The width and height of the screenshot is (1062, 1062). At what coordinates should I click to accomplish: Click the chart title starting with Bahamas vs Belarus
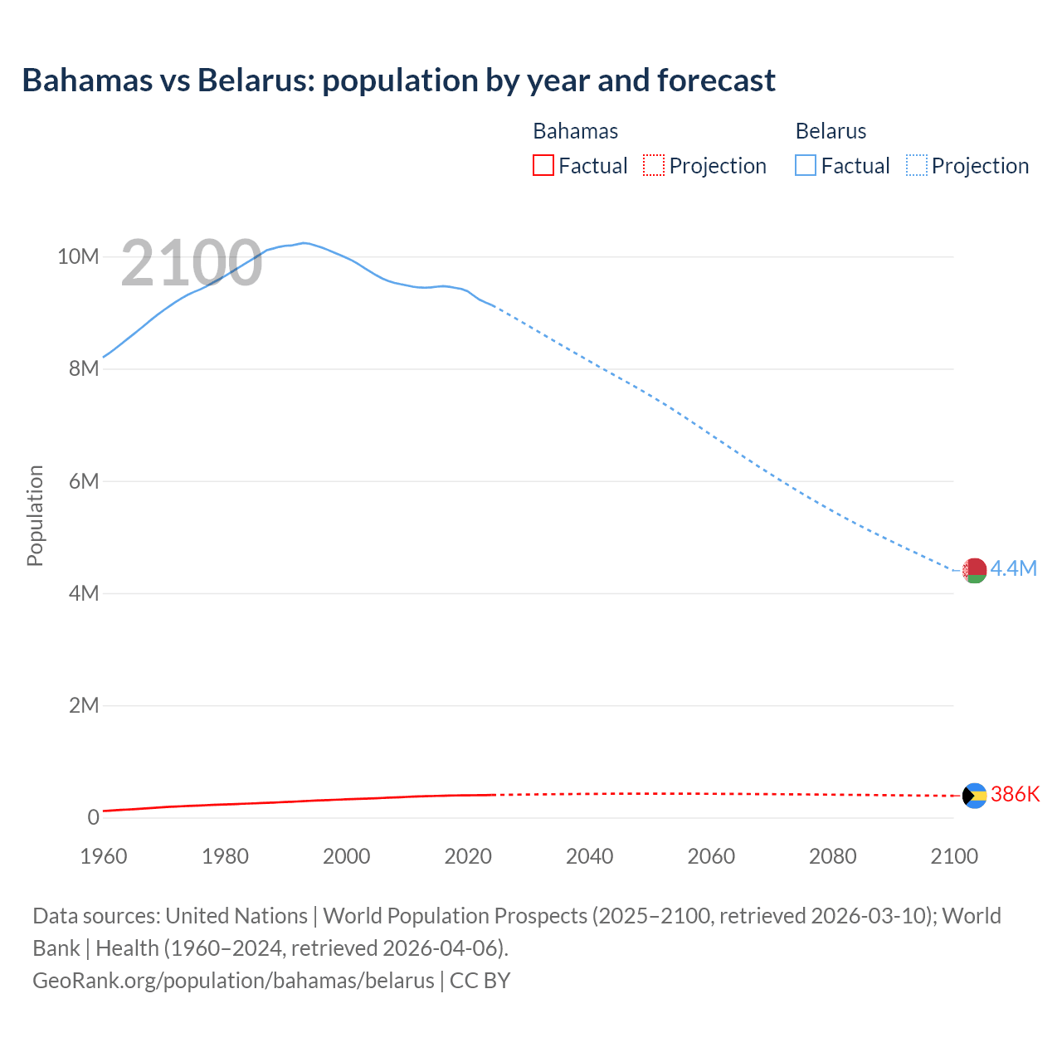[x=398, y=80]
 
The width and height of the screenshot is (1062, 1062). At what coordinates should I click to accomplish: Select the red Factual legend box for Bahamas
[x=543, y=166]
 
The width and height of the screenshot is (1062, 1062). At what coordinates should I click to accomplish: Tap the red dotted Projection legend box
[x=654, y=166]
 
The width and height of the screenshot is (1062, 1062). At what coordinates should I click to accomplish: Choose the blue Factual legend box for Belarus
[x=806, y=166]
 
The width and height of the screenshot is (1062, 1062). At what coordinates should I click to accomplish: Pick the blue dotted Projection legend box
[x=916, y=166]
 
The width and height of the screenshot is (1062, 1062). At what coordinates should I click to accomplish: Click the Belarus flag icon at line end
[x=974, y=570]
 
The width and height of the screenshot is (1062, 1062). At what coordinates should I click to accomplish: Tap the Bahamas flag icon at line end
[x=974, y=796]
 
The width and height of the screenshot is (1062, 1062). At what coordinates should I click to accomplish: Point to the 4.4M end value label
[x=1014, y=568]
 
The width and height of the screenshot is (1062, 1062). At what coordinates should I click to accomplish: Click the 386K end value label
[x=1015, y=794]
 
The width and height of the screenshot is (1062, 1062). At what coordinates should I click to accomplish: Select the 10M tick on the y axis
[x=78, y=256]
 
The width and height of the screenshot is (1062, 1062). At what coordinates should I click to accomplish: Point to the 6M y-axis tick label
[x=84, y=481]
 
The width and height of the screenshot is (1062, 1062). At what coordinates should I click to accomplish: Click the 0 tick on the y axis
[x=93, y=817]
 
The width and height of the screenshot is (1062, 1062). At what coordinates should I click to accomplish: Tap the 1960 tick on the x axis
[x=104, y=856]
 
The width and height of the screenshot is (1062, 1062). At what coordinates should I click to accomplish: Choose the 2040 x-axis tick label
[x=589, y=856]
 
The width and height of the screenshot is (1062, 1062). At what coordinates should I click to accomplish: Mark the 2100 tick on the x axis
[x=954, y=856]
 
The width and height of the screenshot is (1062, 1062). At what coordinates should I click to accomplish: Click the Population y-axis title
[x=35, y=515]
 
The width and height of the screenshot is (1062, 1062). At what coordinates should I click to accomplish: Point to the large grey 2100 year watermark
[x=192, y=264]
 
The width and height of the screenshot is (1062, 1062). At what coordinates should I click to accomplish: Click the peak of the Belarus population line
[x=304, y=242]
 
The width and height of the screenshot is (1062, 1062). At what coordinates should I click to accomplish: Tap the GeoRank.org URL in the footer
[x=233, y=981]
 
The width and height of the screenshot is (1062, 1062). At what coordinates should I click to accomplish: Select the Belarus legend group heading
[x=831, y=131]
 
